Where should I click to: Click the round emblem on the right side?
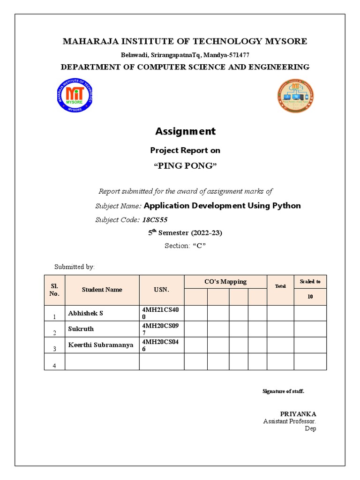pyautogui.click(x=295, y=97)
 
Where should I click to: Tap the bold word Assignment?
pyautogui.click(x=185, y=131)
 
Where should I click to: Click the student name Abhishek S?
pyautogui.click(x=86, y=313)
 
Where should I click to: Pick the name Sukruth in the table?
pyautogui.click(x=81, y=329)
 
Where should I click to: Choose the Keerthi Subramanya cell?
pyautogui.click(x=100, y=345)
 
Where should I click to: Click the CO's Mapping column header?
pyautogui.click(x=225, y=282)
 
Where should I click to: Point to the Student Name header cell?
pyautogui.click(x=102, y=290)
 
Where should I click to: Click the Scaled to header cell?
pyautogui.click(x=310, y=282)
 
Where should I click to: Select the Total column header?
pyautogui.click(x=280, y=286)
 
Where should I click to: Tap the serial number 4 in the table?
pyautogui.click(x=54, y=366)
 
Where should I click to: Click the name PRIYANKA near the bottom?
pyautogui.click(x=298, y=414)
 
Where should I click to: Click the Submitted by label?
pyautogui.click(x=75, y=267)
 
